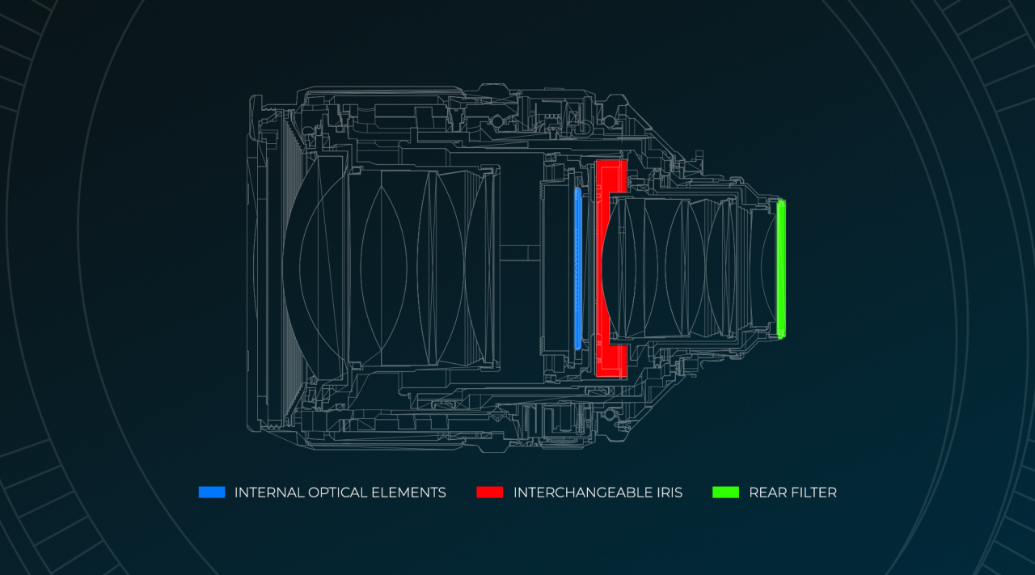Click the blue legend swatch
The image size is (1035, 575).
point(212,492)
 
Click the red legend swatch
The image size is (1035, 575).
point(489,492)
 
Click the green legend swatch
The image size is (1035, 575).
point(725,492)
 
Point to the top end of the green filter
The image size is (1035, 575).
point(781,204)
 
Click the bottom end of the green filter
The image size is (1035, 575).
point(781,334)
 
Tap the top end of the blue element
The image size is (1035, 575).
point(577,192)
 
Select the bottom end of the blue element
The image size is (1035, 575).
point(577,345)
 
